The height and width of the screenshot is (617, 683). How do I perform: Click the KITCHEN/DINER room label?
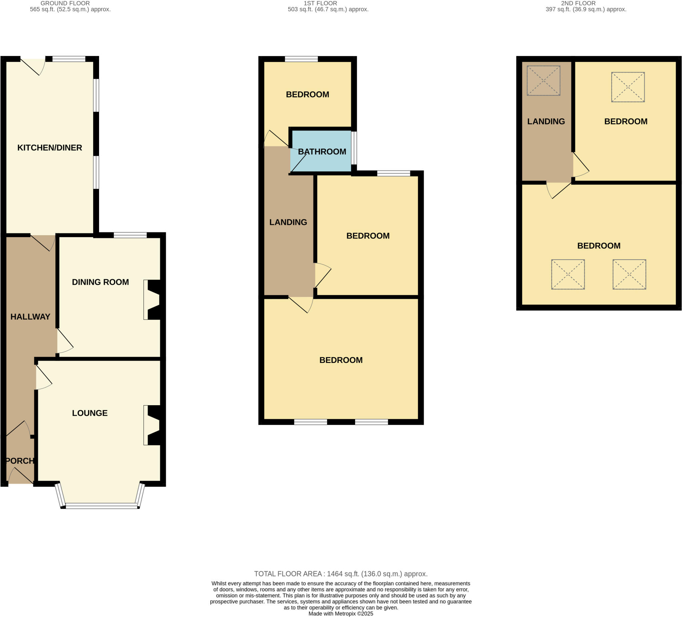pos(49,148)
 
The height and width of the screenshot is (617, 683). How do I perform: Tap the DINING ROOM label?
pos(100,282)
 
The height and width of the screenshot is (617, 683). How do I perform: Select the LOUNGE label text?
pos(90,413)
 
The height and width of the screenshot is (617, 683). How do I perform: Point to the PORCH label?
pos(20,461)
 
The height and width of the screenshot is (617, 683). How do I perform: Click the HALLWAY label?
pos(30,317)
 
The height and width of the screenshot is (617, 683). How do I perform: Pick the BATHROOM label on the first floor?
pos(322,151)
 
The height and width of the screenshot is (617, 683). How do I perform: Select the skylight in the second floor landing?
pos(543,81)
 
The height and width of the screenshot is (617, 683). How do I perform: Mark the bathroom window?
pos(354,148)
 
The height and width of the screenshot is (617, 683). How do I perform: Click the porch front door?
pos(21,476)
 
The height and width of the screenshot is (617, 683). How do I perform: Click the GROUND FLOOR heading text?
pos(65,3)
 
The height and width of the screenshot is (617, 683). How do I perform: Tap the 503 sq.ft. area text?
pos(328,9)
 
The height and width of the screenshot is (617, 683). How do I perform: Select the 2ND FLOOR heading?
pos(578,3)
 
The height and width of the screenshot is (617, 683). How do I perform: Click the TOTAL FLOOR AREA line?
pos(340,574)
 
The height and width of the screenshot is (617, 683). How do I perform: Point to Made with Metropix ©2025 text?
pos(340,614)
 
